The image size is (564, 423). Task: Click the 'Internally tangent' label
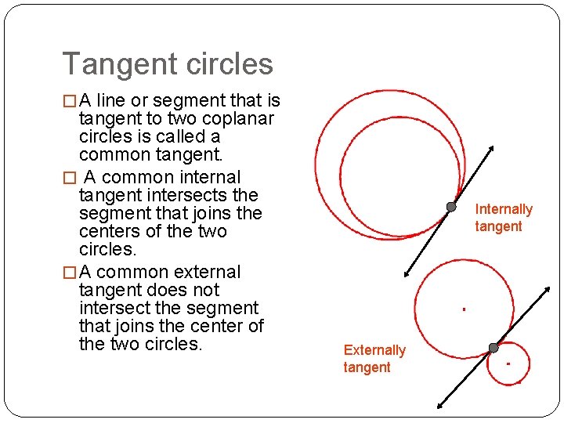click(503, 218)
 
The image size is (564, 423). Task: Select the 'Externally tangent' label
click(374, 359)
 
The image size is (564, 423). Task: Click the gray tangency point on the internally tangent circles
click(451, 207)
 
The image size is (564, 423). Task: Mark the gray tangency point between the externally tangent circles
click(493, 348)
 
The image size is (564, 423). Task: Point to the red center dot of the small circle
click(508, 363)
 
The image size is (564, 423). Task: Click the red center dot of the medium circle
click(464, 309)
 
